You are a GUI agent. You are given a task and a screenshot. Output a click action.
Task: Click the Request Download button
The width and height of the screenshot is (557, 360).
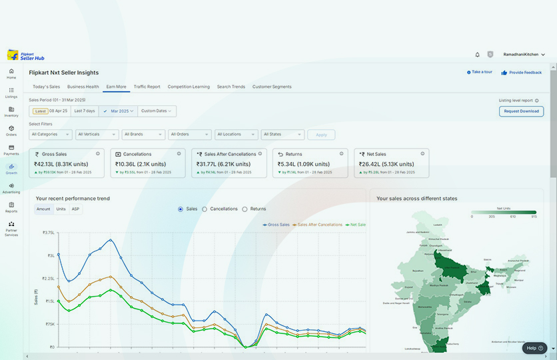point(521,111)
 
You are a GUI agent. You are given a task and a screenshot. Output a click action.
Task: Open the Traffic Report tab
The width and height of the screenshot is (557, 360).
point(147,87)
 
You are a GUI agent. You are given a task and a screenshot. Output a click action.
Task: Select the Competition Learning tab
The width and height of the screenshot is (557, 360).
point(189,87)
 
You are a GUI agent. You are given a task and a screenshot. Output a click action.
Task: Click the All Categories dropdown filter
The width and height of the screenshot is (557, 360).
point(50,134)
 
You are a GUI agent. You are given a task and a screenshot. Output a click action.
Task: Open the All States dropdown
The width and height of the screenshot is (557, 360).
point(282,134)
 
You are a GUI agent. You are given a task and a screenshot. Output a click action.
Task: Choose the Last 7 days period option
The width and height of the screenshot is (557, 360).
point(85,111)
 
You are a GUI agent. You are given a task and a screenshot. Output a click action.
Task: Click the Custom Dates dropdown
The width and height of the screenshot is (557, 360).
point(157,111)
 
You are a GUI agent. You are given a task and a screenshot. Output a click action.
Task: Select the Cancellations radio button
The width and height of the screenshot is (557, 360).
point(205,209)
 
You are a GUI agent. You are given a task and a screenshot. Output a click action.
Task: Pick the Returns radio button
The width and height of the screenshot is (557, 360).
point(245,209)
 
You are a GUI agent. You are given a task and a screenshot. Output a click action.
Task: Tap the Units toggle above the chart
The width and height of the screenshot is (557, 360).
point(61,209)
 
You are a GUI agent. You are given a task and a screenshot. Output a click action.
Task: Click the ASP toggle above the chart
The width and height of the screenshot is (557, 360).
point(76,209)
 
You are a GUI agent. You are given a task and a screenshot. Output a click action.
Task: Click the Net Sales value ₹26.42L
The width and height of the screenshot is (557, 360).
point(373,164)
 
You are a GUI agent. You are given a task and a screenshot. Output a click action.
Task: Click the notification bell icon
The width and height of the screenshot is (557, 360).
point(477,55)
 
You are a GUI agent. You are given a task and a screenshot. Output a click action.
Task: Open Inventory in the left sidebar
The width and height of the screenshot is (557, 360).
point(11,111)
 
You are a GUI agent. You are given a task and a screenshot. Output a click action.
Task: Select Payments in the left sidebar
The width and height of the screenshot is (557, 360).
point(11,149)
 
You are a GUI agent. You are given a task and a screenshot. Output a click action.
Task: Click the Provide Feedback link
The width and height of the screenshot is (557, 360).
point(522,72)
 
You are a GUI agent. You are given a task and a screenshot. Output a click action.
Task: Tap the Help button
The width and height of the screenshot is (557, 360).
point(534,348)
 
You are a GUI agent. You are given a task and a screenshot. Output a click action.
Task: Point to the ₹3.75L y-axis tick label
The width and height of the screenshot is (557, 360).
point(49,233)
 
